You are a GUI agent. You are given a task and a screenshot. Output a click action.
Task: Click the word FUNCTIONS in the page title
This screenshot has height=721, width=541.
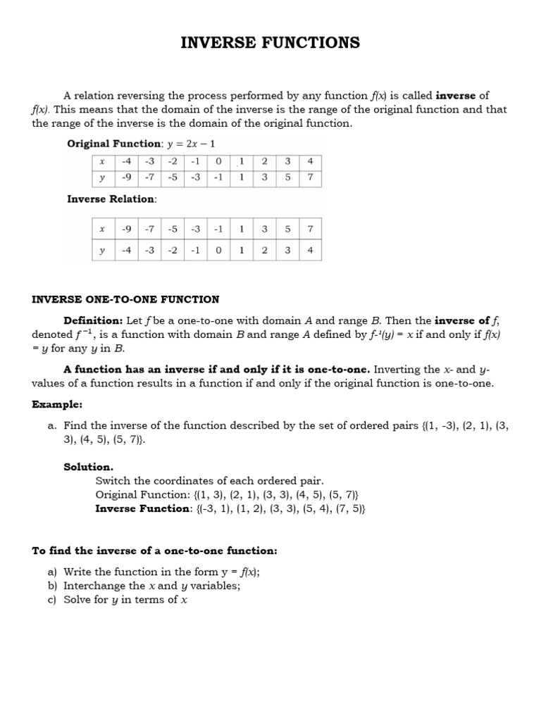pos(311,43)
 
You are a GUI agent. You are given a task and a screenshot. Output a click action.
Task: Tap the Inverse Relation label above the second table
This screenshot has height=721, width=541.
pos(112,199)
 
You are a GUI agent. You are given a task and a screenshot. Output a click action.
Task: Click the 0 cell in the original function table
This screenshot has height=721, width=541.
pos(218,161)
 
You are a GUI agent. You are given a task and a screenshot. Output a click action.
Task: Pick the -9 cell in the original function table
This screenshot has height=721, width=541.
pos(127,177)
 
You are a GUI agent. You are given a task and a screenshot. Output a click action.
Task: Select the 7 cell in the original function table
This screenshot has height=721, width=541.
pos(310,177)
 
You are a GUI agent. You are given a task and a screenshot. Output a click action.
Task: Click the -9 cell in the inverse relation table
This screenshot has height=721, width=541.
pos(127,228)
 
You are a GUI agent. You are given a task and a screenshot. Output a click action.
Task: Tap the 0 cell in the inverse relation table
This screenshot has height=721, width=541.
pos(218,251)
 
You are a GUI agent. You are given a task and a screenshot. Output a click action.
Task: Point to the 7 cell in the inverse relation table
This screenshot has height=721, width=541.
pos(310,228)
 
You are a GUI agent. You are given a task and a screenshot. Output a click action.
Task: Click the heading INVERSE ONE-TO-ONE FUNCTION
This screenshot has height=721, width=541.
pos(125,299)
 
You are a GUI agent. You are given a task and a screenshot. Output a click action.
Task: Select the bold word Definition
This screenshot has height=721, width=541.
pos(93,320)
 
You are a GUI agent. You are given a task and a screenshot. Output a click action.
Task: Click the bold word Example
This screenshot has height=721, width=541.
pos(57,405)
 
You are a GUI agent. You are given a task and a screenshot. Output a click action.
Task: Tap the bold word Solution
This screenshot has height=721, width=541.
pos(88,467)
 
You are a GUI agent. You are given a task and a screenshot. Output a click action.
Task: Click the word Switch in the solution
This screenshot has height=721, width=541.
pos(112,481)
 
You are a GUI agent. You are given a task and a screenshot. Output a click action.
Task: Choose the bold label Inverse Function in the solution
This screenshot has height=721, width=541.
pos(143,509)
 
